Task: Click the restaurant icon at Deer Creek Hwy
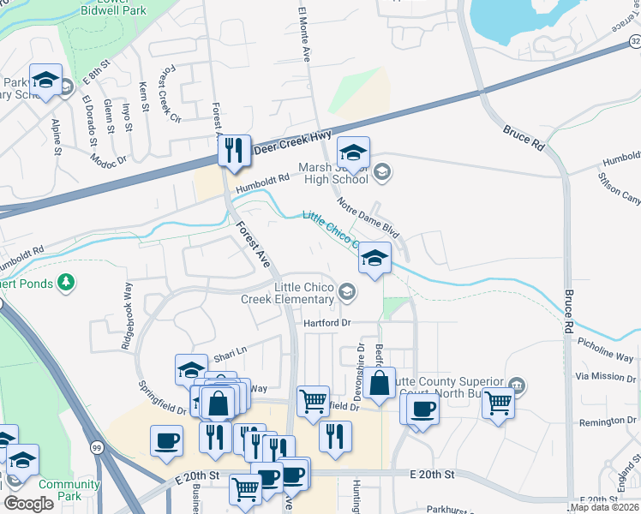(x=233, y=151)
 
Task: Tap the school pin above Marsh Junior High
(x=352, y=153)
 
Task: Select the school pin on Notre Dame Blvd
(x=374, y=258)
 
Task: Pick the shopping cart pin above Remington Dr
(x=498, y=402)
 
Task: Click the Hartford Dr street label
(x=327, y=323)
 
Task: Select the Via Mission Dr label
(x=606, y=376)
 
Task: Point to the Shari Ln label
(x=230, y=351)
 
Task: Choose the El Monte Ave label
(x=304, y=34)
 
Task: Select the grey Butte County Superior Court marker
(x=517, y=383)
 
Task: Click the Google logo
(x=28, y=504)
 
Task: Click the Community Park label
(x=63, y=490)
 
